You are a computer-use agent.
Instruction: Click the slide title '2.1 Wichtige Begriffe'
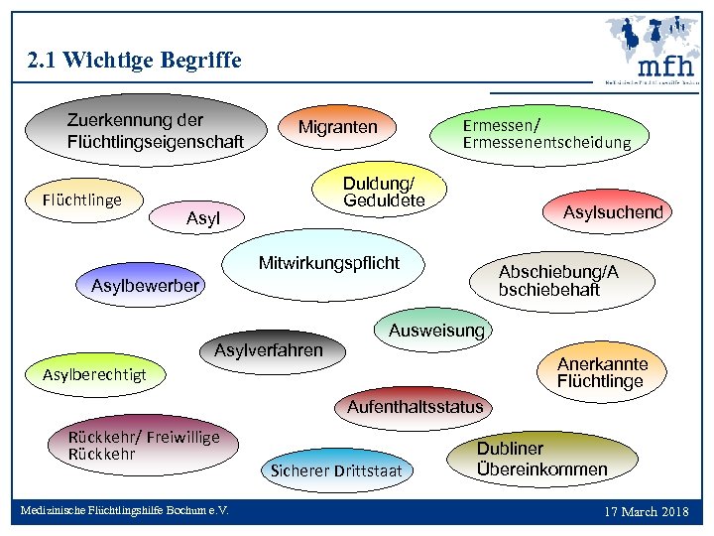(136, 61)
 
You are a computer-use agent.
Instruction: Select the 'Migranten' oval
(338, 127)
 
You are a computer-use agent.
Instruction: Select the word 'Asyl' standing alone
(203, 218)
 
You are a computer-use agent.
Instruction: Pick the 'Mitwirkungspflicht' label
(329, 263)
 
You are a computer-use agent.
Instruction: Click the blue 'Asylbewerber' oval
(145, 286)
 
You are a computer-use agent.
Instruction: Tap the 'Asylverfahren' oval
(269, 350)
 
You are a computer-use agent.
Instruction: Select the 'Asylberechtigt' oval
(94, 374)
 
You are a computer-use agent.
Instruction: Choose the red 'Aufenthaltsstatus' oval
(416, 406)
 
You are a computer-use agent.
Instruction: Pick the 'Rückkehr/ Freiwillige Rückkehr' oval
(144, 446)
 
